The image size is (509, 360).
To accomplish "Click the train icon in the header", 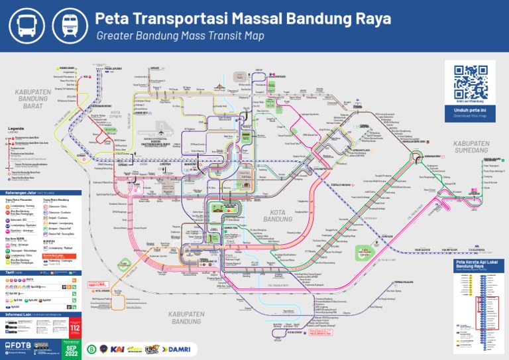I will (x=68, y=25).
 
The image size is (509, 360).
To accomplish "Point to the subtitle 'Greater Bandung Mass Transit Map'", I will (x=180, y=36).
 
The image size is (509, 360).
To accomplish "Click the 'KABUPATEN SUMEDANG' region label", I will (x=471, y=147).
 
